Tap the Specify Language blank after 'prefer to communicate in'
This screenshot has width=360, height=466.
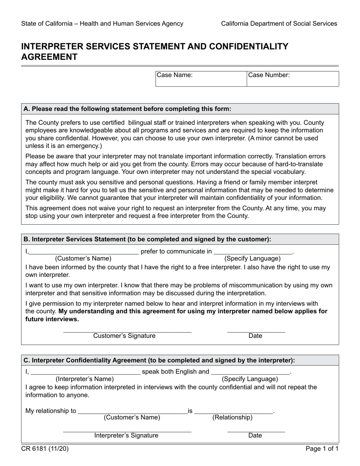[x=253, y=252]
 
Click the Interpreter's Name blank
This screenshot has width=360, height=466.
[x=85, y=372]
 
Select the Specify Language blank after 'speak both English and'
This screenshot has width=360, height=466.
[x=250, y=372]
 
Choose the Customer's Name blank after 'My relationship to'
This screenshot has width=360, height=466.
[x=132, y=411]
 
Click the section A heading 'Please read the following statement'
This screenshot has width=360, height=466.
[x=127, y=109]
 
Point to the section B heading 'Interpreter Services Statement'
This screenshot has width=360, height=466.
[x=147, y=239]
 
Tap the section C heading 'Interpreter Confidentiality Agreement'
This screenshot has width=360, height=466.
[x=159, y=360]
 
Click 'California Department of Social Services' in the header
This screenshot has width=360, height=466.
[x=279, y=23]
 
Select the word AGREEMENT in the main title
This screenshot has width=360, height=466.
[x=49, y=57]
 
